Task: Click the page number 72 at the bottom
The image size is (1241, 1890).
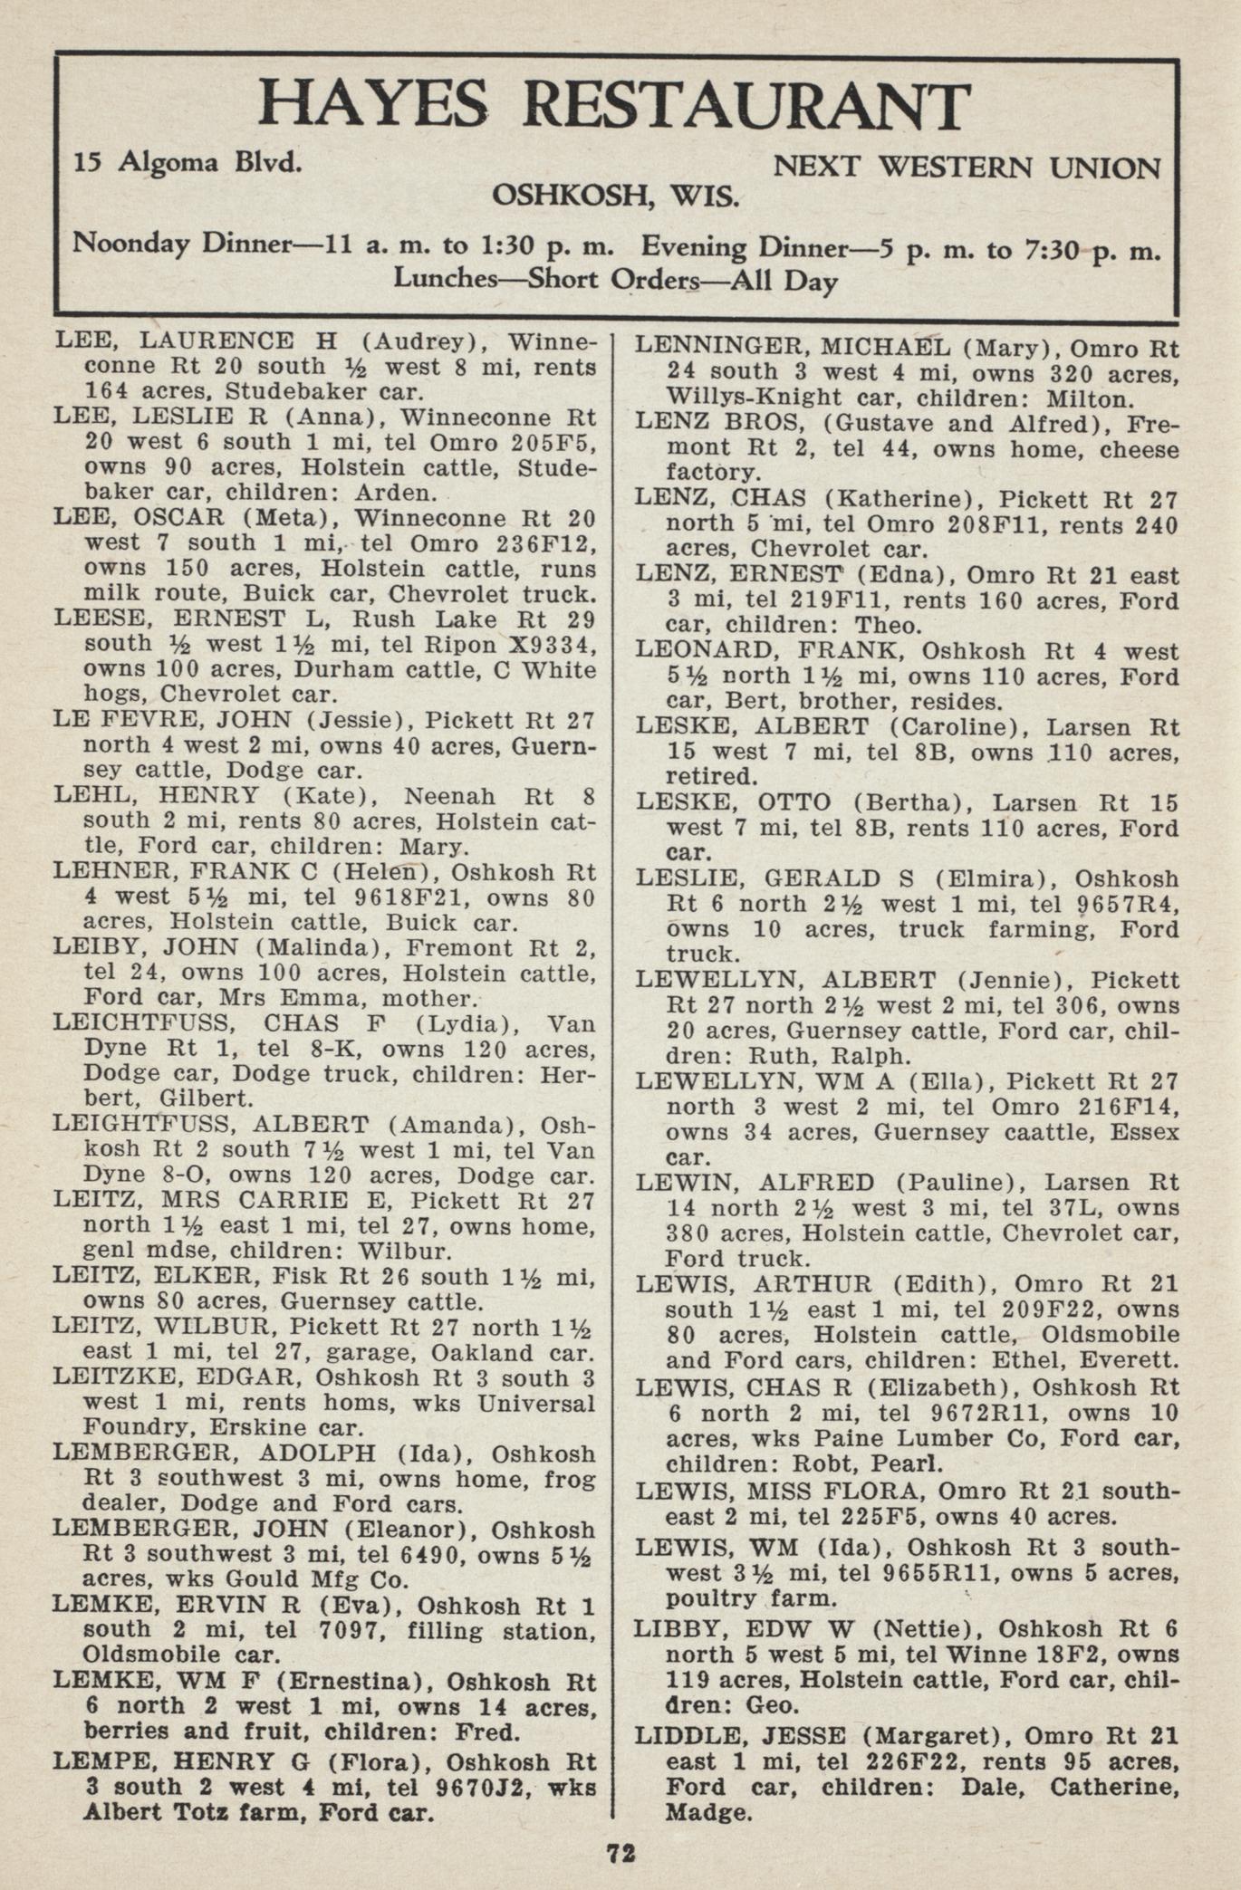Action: click(x=621, y=1853)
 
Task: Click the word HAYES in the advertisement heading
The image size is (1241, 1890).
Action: click(x=372, y=106)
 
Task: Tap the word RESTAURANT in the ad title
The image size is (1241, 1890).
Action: click(x=746, y=106)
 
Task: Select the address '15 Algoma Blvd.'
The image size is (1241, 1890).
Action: click(x=188, y=163)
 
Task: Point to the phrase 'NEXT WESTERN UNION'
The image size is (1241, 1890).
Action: click(x=966, y=168)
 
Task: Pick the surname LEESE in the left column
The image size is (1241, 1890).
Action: click(x=95, y=619)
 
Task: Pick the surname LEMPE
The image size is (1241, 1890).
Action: click(x=96, y=1761)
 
